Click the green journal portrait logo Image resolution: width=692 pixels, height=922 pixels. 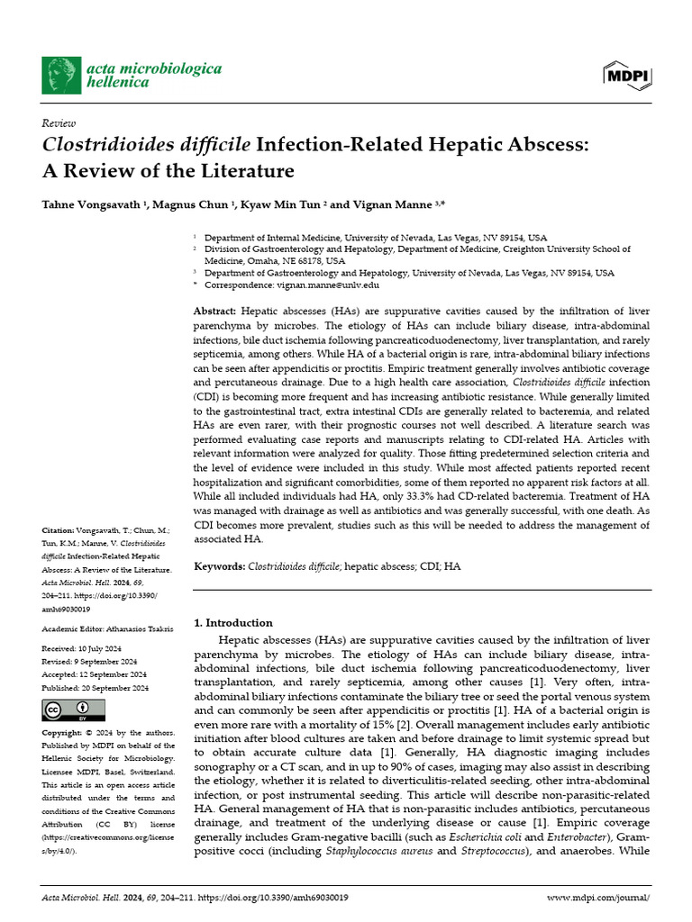(x=61, y=75)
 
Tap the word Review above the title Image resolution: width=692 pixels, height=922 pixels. (x=59, y=122)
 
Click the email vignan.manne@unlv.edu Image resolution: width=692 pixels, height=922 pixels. (x=327, y=285)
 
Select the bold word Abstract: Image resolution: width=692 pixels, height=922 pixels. (x=216, y=311)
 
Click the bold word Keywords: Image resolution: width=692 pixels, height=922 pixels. (x=220, y=566)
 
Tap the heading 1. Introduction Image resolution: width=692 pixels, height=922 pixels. (x=233, y=622)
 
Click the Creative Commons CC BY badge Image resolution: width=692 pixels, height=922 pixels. (x=68, y=710)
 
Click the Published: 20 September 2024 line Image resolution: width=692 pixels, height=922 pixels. (x=96, y=688)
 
